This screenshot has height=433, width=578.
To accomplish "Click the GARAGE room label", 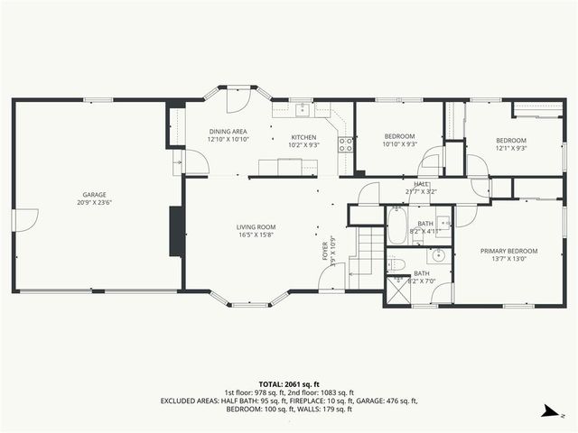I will point(95,194).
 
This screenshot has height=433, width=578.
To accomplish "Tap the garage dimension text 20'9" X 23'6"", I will point(95,202).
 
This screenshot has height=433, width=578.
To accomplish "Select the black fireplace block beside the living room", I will point(176,233).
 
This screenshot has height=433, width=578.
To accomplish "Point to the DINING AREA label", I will point(228,132).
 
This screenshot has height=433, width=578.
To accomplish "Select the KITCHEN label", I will point(303,136).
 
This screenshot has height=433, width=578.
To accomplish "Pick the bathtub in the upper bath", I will point(396,226).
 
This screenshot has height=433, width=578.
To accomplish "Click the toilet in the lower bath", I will point(396,264).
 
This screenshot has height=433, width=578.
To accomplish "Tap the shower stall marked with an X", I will point(396,290).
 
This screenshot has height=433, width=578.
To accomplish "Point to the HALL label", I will point(420,183).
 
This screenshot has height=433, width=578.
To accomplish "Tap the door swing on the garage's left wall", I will point(27,218).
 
